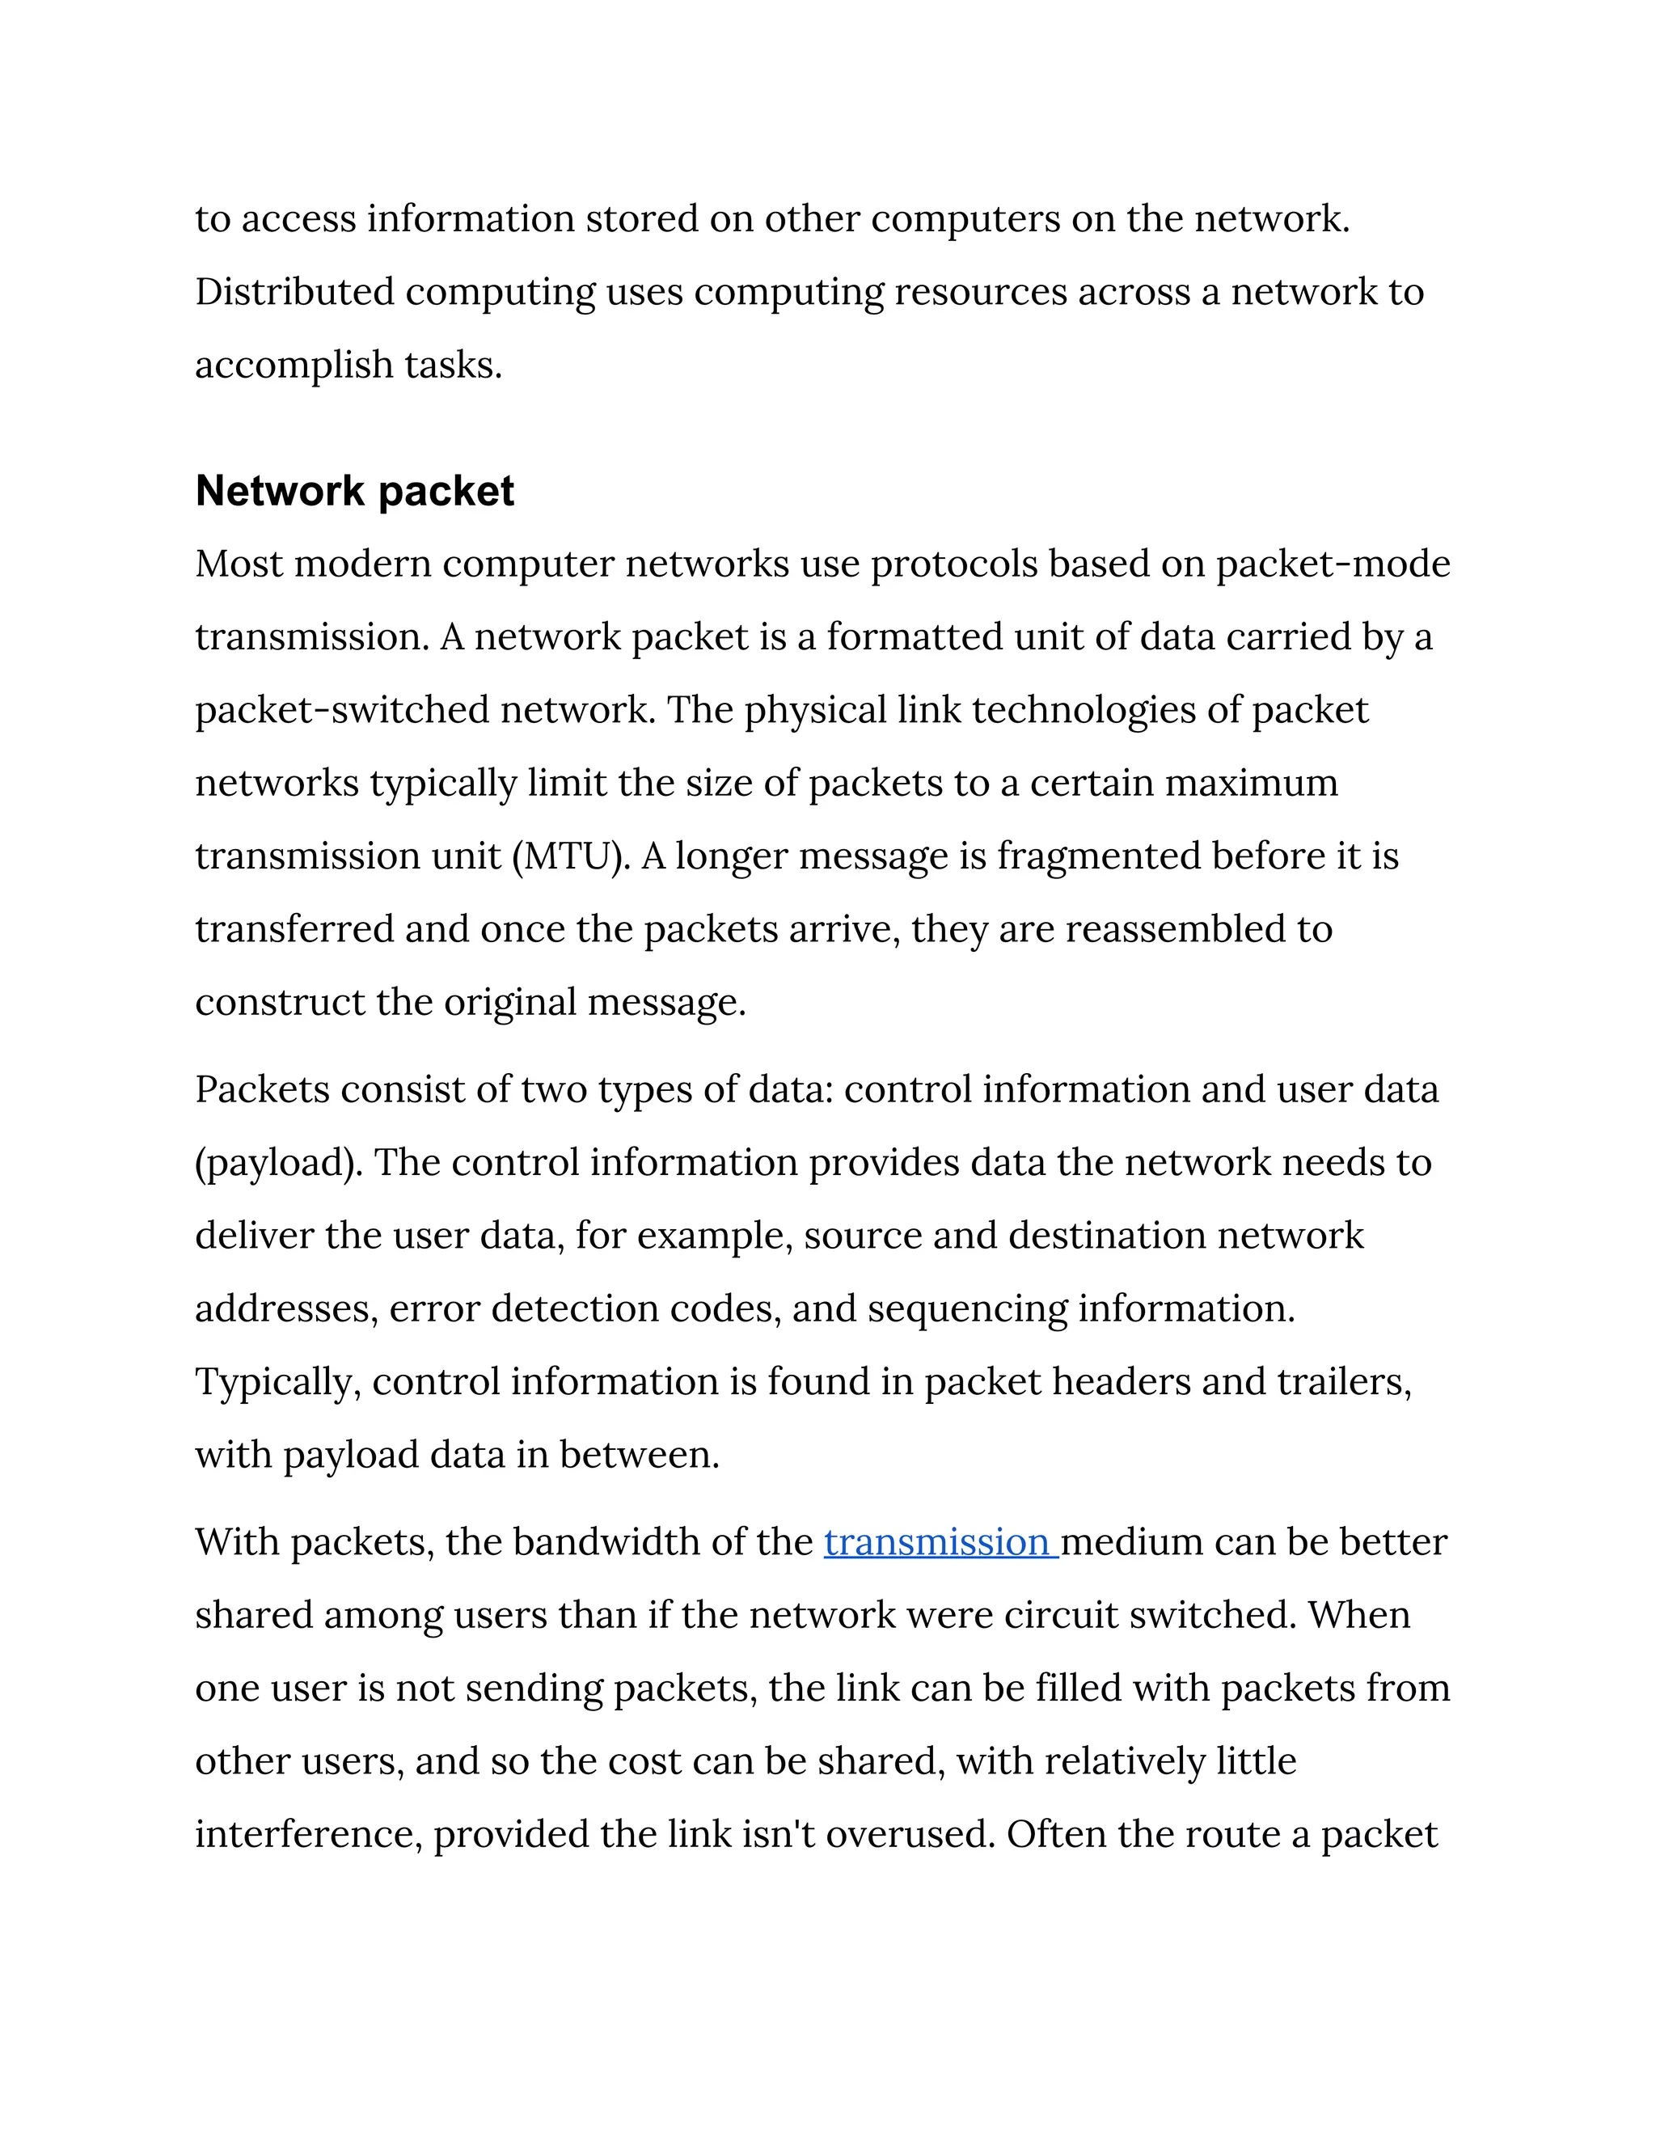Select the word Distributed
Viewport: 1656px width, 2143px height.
pyautogui.click(x=294, y=293)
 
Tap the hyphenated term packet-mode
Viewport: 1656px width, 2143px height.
pyautogui.click(x=1333, y=565)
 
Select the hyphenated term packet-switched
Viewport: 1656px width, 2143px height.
pyautogui.click(x=341, y=710)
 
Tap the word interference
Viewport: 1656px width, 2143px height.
pyautogui.click(x=308, y=1835)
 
